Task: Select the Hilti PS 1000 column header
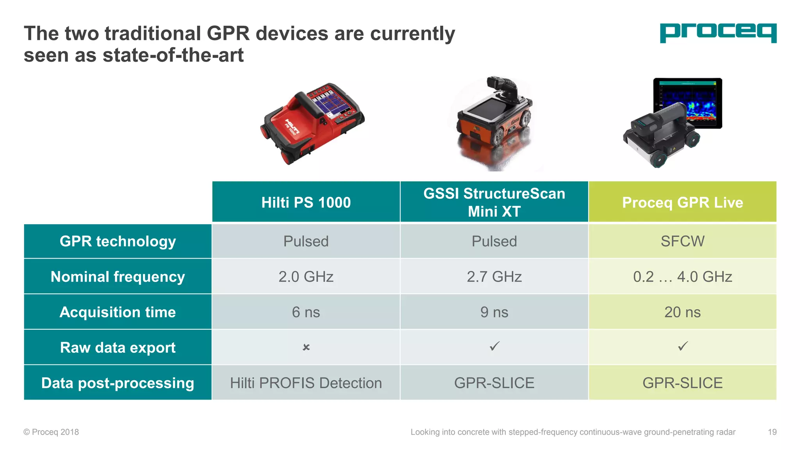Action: (306, 202)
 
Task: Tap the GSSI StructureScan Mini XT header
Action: (494, 202)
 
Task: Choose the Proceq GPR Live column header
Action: (682, 202)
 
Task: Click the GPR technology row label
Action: (118, 241)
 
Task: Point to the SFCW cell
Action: (682, 241)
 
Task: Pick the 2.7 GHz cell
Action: (494, 277)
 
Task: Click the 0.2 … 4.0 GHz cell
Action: (682, 277)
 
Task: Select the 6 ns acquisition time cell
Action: (306, 312)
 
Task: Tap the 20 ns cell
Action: (682, 312)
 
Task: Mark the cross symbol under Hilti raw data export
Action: (306, 347)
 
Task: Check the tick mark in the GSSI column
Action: (495, 346)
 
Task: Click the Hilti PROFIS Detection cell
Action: (306, 383)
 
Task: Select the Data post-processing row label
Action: (118, 383)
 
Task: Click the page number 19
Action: (772, 432)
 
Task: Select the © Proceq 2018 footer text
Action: (51, 432)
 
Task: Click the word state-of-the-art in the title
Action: (173, 55)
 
